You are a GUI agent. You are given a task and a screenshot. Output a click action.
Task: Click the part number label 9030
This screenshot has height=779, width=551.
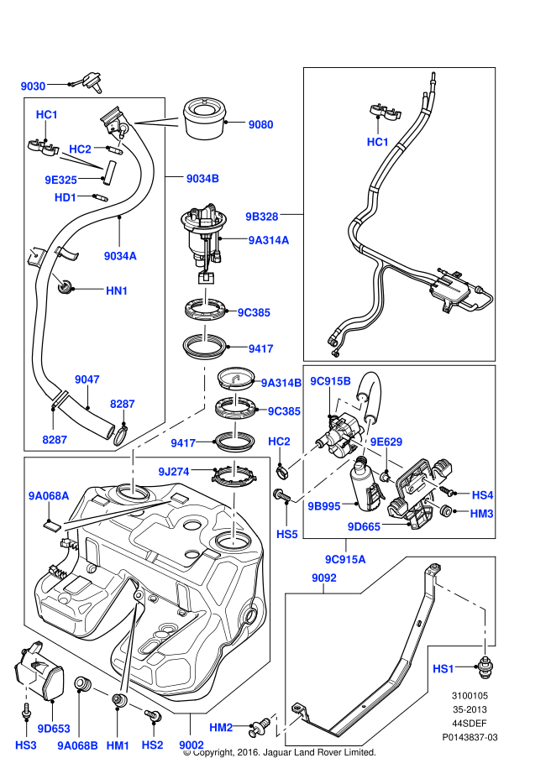33,86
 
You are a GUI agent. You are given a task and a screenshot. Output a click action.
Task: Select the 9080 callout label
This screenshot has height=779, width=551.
260,124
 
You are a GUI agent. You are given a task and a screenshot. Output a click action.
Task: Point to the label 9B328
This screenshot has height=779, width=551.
262,216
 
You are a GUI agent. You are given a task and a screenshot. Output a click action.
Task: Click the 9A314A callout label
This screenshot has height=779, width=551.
269,240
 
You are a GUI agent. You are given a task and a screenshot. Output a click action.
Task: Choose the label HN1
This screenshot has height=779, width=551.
116,290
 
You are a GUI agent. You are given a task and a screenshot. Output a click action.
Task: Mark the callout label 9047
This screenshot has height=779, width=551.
87,379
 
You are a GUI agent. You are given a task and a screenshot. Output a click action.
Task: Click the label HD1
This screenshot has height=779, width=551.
66,197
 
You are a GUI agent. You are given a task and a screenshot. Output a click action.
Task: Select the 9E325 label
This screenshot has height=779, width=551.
60,180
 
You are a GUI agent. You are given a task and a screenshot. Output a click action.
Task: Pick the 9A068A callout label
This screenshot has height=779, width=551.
48,496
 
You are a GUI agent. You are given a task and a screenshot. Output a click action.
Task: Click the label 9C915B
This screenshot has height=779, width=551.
330,381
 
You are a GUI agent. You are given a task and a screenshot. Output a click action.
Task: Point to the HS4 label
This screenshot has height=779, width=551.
482,495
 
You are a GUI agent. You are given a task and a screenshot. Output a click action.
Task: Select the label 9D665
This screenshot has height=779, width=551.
364,526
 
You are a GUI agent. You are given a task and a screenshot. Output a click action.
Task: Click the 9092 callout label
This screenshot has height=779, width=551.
323,578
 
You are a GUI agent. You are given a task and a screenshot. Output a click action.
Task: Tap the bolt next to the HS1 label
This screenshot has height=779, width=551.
485,667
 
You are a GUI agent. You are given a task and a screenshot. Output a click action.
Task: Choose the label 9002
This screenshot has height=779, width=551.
191,745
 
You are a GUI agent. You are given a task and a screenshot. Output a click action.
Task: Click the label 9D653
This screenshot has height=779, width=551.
54,728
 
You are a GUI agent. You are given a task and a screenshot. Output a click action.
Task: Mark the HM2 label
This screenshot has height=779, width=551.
220,726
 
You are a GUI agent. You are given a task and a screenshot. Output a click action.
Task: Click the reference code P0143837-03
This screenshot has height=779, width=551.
470,737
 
